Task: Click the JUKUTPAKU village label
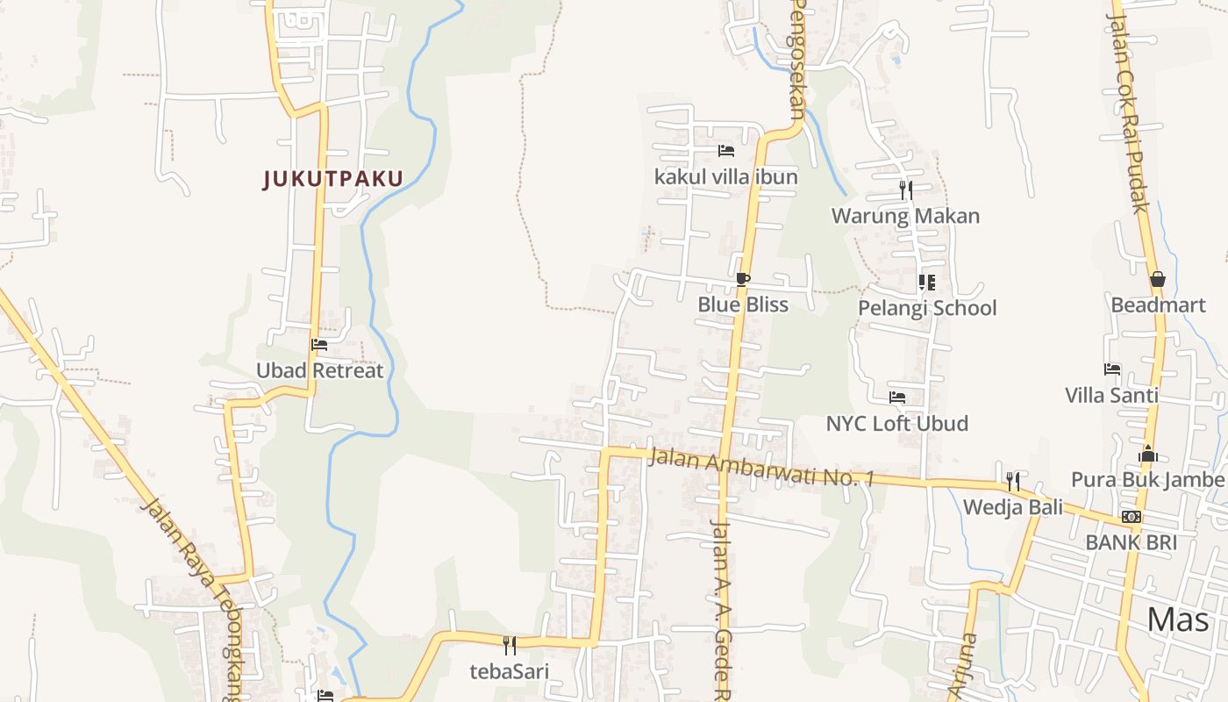tap(333, 179)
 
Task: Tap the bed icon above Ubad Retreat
tap(319, 345)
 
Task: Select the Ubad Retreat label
tap(319, 370)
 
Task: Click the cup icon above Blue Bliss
tap(743, 280)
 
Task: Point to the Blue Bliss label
tap(743, 304)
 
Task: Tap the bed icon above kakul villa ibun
tap(725, 151)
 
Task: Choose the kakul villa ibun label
tap(725, 177)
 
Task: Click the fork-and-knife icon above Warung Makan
tap(906, 190)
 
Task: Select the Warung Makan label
tap(905, 216)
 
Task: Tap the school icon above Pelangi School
tap(927, 283)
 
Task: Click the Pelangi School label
tap(927, 308)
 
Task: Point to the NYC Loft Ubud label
tap(897, 423)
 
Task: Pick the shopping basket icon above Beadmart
tap(1158, 279)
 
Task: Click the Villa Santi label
tap(1111, 395)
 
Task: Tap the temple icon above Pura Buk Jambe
tap(1148, 454)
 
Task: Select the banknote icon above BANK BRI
tap(1132, 517)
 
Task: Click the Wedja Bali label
tap(1013, 507)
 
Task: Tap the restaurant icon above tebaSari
tap(510, 646)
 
